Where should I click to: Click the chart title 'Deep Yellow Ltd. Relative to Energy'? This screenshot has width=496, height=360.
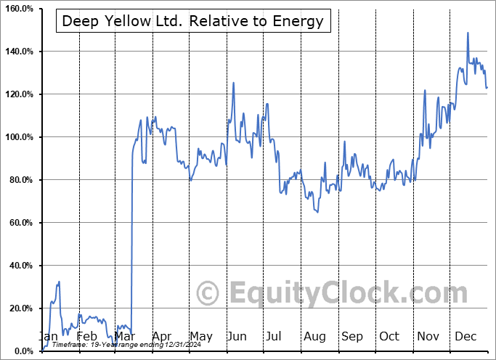(192, 20)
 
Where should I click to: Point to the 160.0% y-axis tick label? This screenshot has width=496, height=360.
(18, 9)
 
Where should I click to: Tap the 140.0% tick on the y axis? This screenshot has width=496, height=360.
(18, 52)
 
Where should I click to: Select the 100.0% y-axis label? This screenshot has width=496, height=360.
(18, 137)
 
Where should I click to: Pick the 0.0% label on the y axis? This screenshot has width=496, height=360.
(23, 351)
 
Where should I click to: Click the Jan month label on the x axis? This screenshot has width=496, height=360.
(49, 336)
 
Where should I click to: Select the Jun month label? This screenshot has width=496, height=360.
(237, 336)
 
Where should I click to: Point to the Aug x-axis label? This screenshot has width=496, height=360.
(314, 336)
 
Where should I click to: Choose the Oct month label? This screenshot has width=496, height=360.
(389, 336)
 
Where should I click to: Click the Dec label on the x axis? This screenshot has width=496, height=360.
(465, 336)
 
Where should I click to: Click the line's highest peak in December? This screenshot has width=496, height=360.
(468, 33)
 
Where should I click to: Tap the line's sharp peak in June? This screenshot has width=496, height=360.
(233, 83)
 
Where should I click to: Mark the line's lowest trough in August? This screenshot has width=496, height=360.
(317, 211)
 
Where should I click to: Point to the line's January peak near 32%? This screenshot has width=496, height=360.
(59, 282)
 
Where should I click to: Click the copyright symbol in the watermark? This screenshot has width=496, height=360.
(209, 294)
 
